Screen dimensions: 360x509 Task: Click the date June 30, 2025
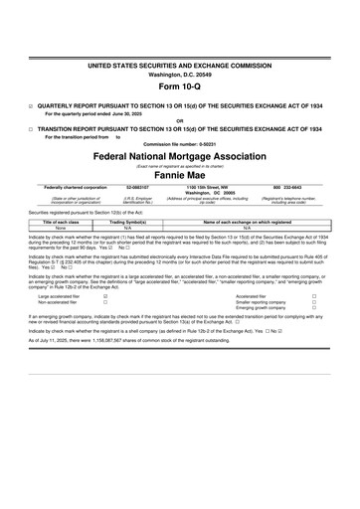point(141,112)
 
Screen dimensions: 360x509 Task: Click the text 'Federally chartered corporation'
point(77,186)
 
